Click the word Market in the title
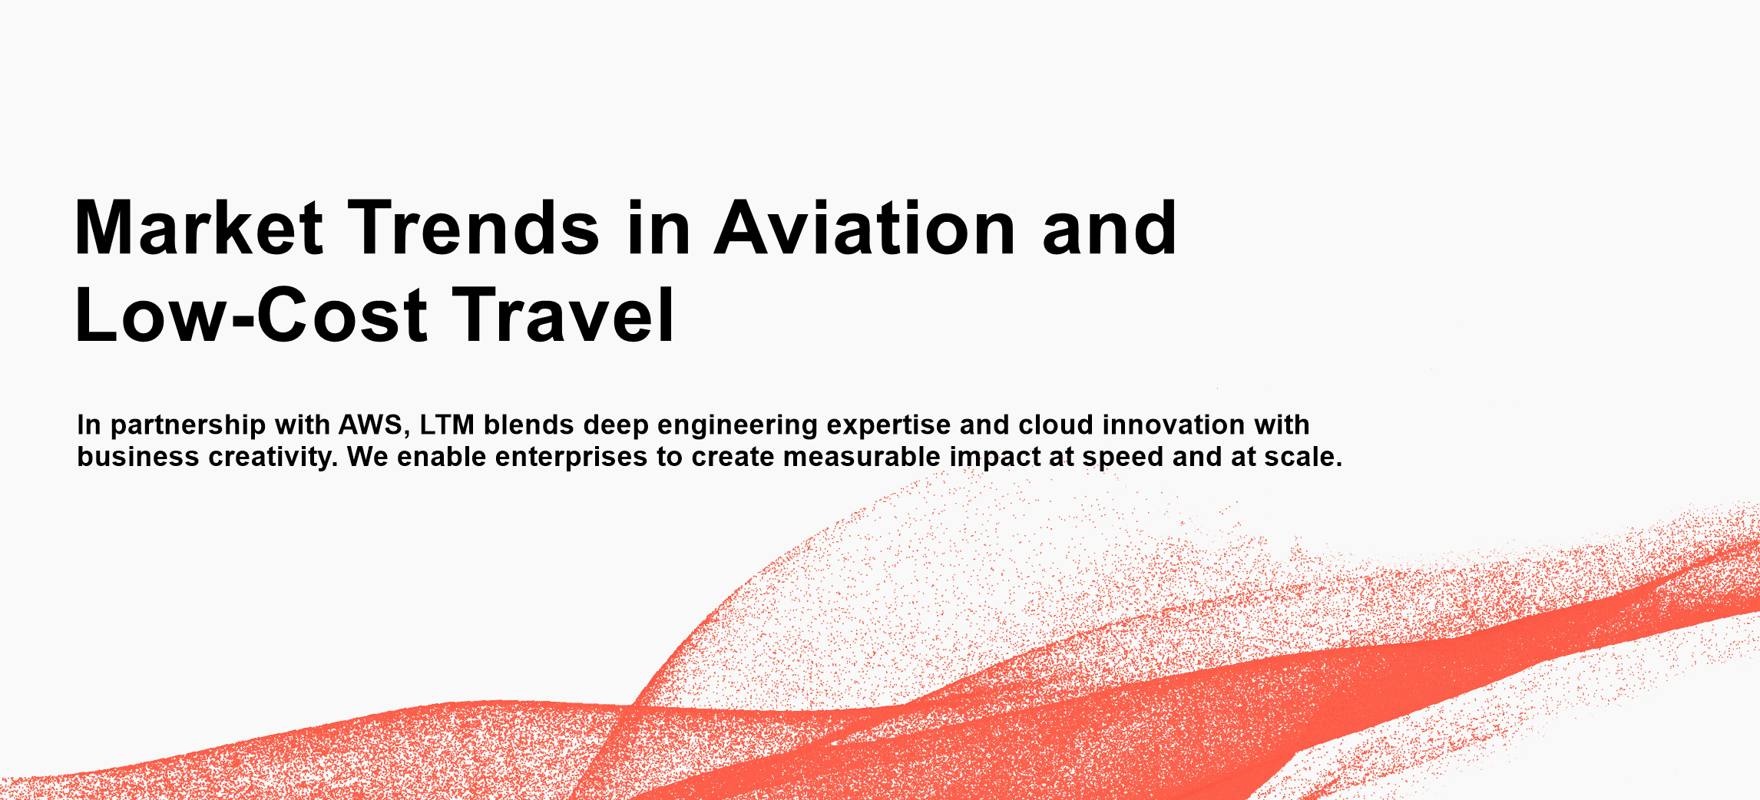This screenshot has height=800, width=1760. coord(199,227)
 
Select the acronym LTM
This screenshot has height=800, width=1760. coord(447,425)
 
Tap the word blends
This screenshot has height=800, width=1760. coord(529,425)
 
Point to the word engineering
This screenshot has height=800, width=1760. coord(738,425)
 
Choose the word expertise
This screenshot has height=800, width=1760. coord(888,425)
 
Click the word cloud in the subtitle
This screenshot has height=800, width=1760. coord(1056,425)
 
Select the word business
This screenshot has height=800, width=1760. coord(138,457)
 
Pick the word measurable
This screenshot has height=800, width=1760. coord(862,457)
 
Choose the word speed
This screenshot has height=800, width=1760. coord(1123,458)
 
